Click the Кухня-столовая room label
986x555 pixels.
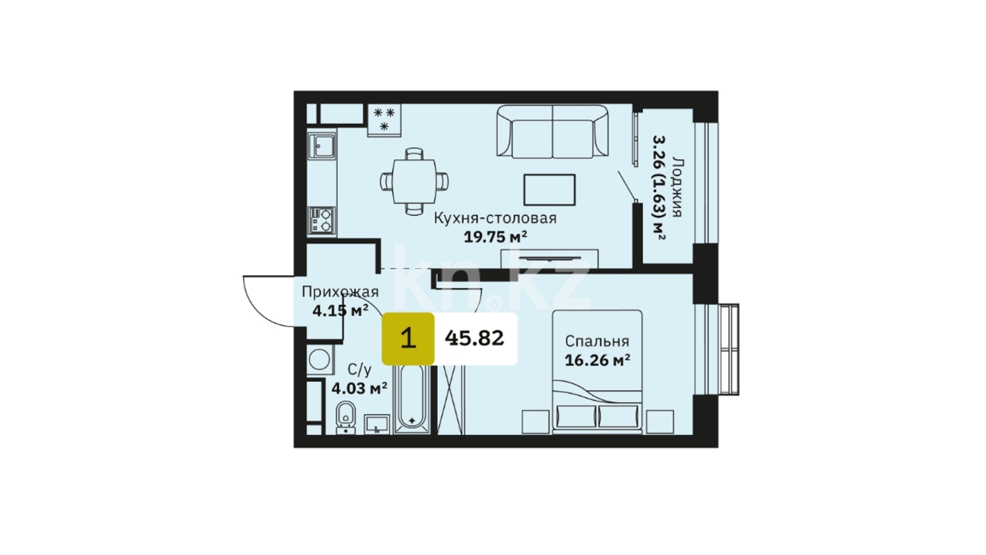coord(495,218)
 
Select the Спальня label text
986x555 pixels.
coord(597,342)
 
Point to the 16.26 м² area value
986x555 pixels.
coord(597,360)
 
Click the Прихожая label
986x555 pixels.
coord(340,292)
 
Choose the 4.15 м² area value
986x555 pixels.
coord(340,310)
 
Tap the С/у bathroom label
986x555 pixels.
coord(359,370)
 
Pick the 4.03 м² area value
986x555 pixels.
coord(359,388)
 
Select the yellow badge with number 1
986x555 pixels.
coord(408,339)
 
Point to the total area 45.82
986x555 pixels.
coord(475,338)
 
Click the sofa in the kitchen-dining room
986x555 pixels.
coord(553,132)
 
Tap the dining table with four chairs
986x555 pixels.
coord(414,181)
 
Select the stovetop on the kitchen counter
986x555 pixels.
coord(322,220)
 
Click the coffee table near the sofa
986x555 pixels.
coord(549,190)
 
